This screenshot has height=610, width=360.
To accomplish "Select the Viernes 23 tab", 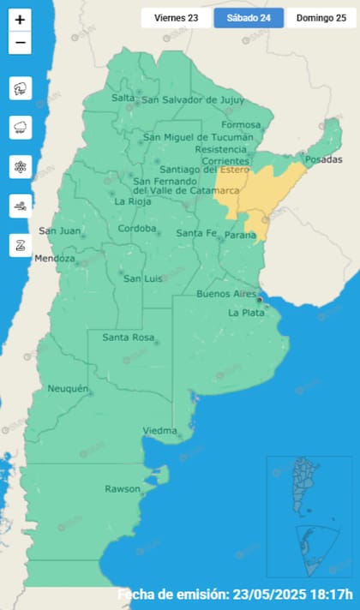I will coord(176,17).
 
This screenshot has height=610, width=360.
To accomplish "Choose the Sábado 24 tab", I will coord(248,17).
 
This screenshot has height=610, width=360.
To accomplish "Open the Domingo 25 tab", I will coord(321,17).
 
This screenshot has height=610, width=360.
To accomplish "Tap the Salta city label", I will coord(123,99).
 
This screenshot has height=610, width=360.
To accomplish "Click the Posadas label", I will coord(323,160).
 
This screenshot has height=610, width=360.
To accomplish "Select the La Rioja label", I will coord(132,202).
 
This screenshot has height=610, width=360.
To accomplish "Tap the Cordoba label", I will coord(137,229).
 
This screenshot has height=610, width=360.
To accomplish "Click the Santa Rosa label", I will coord(129,338).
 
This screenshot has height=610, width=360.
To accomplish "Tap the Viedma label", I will coord(159,430).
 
